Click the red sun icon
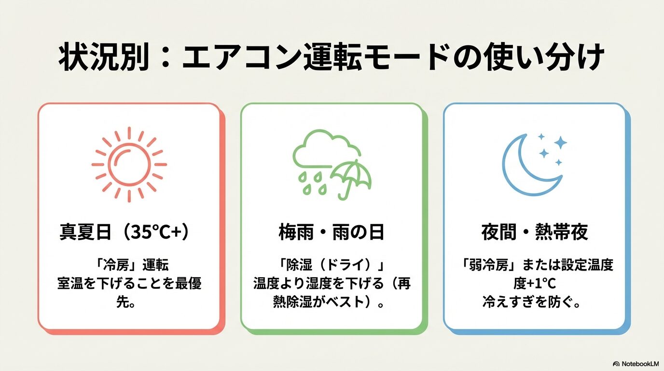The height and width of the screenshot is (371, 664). point(129,165)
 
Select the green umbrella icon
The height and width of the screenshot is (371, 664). point(352,179)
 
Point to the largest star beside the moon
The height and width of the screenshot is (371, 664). point(561,143)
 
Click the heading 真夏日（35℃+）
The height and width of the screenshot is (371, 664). point(125,232)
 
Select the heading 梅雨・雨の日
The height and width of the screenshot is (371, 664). point(332,232)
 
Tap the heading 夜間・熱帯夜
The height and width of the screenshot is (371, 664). point(535,232)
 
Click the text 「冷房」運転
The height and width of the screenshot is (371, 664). point(133,265)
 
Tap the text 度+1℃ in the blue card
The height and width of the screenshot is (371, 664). point(535,284)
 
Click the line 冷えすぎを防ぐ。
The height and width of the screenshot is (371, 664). point(531,303)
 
